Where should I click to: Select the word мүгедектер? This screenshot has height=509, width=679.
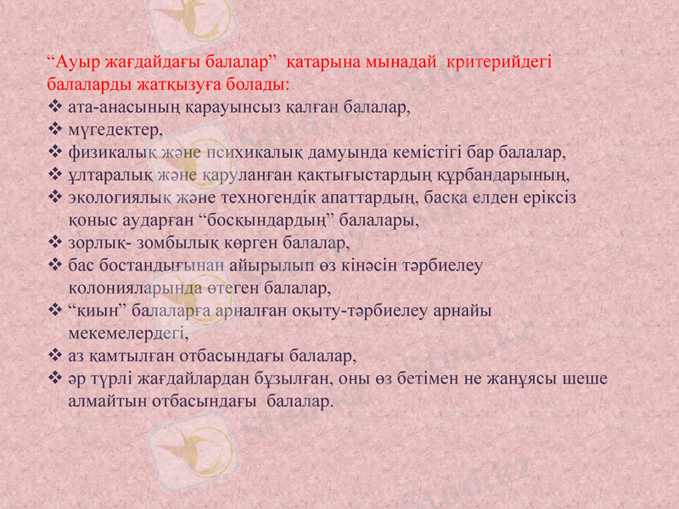(x=114, y=130)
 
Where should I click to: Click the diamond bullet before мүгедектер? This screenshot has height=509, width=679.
(x=55, y=130)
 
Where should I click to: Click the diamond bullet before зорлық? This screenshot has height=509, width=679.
(x=55, y=243)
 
